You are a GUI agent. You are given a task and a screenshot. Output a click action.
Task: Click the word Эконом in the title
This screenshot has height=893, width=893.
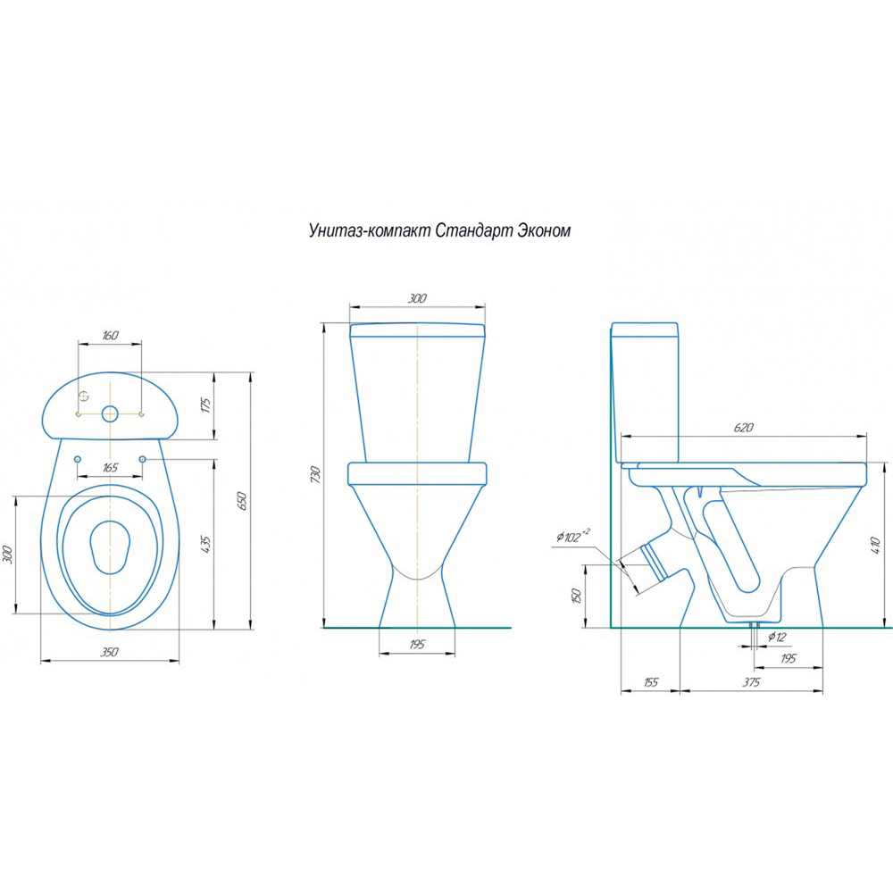543,230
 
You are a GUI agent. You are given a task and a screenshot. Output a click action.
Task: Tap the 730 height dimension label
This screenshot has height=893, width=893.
316,475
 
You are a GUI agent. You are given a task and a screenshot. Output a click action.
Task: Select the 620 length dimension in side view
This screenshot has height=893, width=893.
744,427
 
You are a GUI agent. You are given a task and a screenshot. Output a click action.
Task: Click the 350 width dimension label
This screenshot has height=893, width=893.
109,652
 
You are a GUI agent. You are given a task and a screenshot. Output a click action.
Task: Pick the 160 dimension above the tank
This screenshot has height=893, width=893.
110,335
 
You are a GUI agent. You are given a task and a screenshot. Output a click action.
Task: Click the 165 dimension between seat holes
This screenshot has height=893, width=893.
110,468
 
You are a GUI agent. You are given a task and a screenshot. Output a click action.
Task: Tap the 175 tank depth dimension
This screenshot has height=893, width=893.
205,405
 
